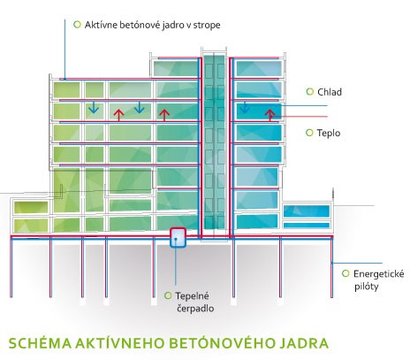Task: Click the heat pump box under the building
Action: pyautogui.click(x=178, y=237)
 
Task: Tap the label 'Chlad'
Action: pyautogui.click(x=330, y=92)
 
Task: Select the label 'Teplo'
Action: pyautogui.click(x=329, y=133)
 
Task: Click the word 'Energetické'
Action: pyautogui.click(x=378, y=274)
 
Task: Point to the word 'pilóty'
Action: pyautogui.click(x=366, y=287)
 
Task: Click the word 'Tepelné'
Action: pyautogui.click(x=192, y=295)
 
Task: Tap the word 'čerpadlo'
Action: pyautogui.click(x=195, y=309)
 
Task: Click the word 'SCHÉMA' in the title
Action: pyautogui.click(x=40, y=343)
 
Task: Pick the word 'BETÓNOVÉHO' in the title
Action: pyautogui.click(x=216, y=343)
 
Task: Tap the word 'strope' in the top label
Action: pyautogui.click(x=207, y=26)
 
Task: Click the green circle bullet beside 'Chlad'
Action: pyautogui.click(x=310, y=92)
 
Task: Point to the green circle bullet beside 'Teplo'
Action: pyautogui.click(x=309, y=133)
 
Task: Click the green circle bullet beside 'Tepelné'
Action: pyautogui.click(x=168, y=295)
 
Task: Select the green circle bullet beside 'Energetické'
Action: pyautogui.click(x=345, y=273)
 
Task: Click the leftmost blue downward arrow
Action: pyautogui.click(x=94, y=107)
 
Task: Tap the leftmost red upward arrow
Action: pyautogui.click(x=118, y=115)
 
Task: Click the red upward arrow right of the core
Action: pyautogui.click(x=270, y=115)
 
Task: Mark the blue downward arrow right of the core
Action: pyautogui.click(x=245, y=107)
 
